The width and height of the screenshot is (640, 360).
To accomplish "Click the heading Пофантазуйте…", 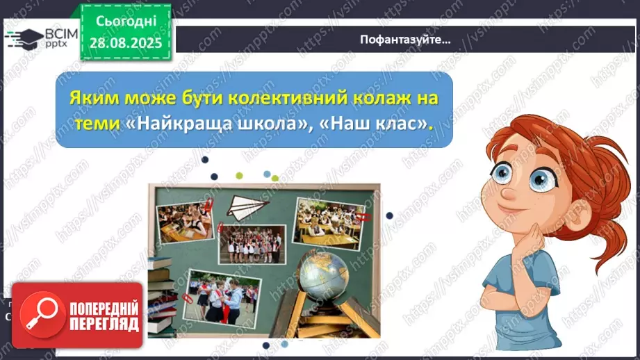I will [x=405, y=39].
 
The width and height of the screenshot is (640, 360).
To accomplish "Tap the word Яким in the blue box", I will [x=90, y=98].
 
